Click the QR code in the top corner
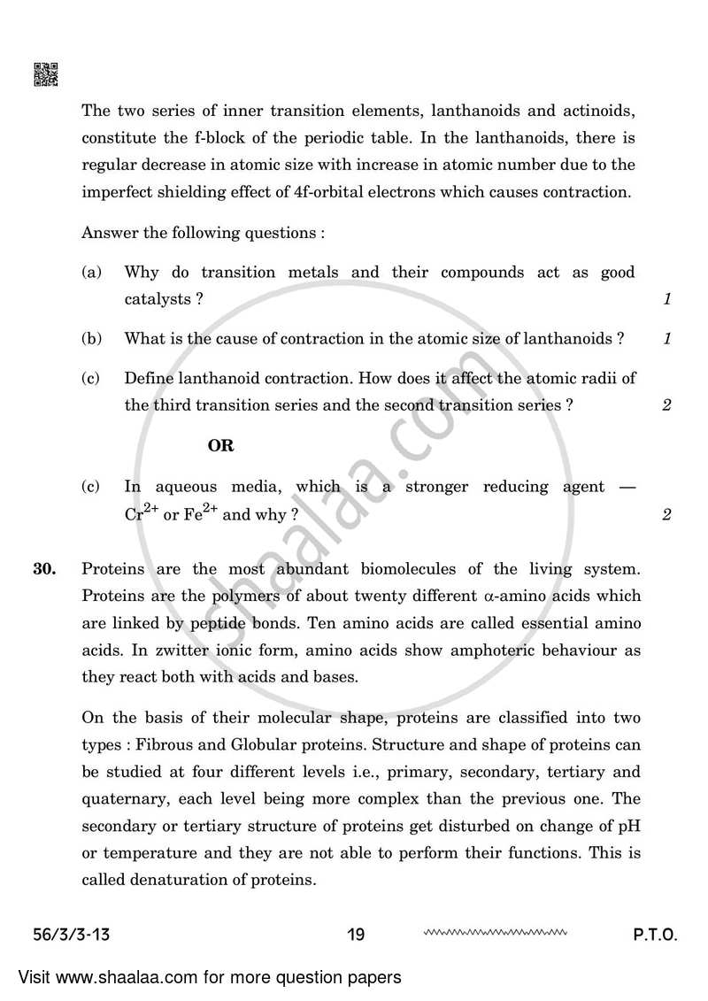coord(46,74)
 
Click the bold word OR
coord(220,446)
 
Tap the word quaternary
coord(123,798)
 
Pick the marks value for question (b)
coord(666,339)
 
